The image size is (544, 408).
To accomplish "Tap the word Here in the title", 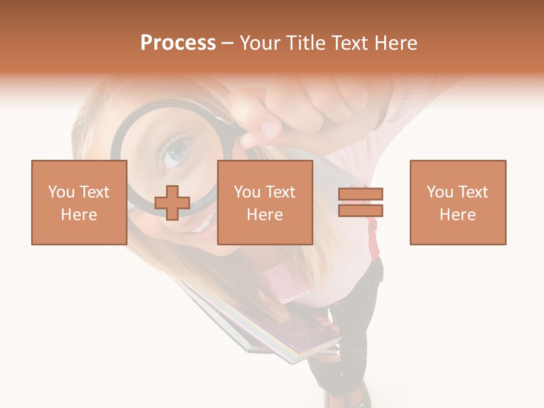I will pyautogui.click(x=396, y=44).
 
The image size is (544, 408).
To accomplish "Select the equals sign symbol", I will pyautogui.click(x=361, y=202).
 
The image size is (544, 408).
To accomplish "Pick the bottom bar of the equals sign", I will pyautogui.click(x=361, y=210).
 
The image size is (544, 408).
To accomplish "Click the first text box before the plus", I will pyautogui.click(x=79, y=202).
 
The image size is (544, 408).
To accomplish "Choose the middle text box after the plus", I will pyautogui.click(x=265, y=202).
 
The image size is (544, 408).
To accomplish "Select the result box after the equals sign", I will pyautogui.click(x=458, y=202).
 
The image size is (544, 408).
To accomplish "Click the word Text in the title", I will pyautogui.click(x=351, y=44).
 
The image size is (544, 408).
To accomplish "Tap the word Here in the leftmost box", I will pyautogui.click(x=79, y=215).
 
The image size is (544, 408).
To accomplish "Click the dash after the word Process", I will pyautogui.click(x=228, y=44).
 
